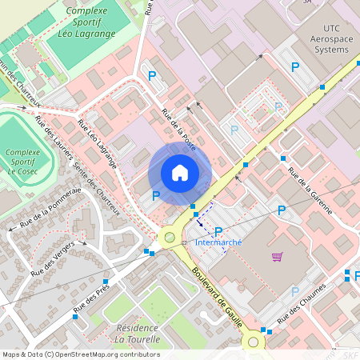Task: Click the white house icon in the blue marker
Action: tap(180, 172)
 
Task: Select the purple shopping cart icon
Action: tap(277, 257)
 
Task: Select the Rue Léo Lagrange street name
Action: tap(97, 144)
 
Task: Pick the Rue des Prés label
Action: tap(91, 298)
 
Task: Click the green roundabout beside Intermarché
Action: tap(170, 237)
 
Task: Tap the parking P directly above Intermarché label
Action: tap(218, 230)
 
